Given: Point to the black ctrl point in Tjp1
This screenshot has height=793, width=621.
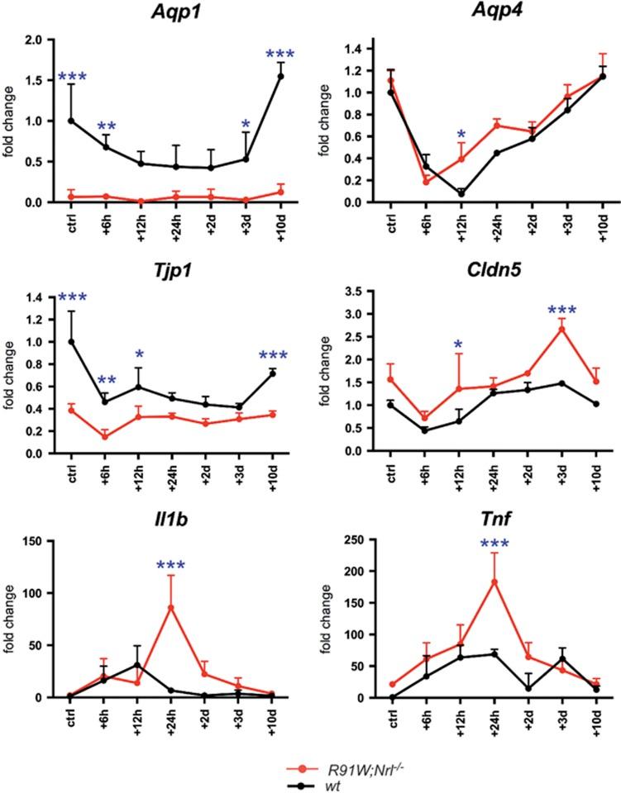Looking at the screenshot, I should [71, 341].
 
